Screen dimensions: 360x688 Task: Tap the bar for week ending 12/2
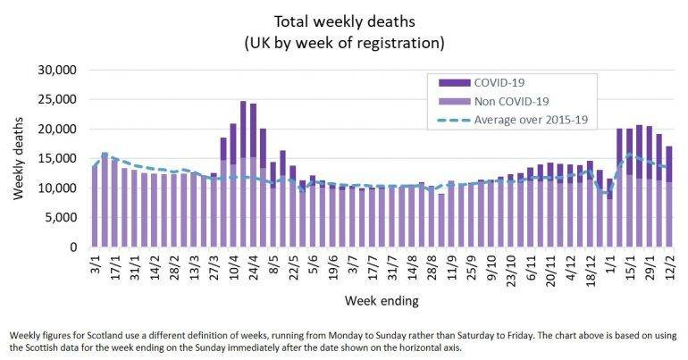point(669,197)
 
